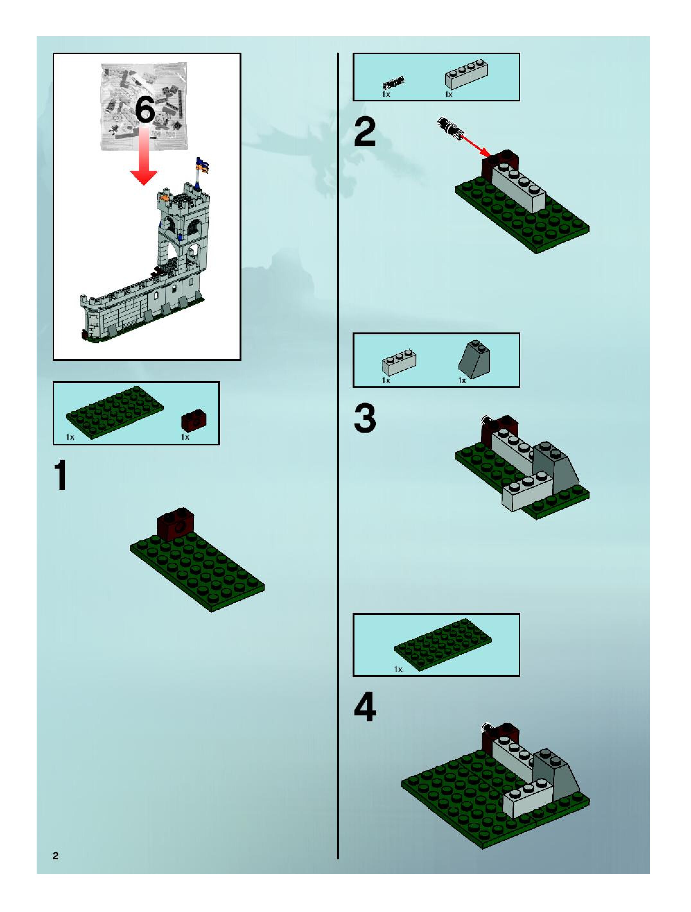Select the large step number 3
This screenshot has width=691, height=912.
[365, 418]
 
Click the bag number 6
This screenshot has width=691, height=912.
[145, 110]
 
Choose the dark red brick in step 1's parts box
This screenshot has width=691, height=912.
[194, 421]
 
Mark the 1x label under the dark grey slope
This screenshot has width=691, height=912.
[462, 381]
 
